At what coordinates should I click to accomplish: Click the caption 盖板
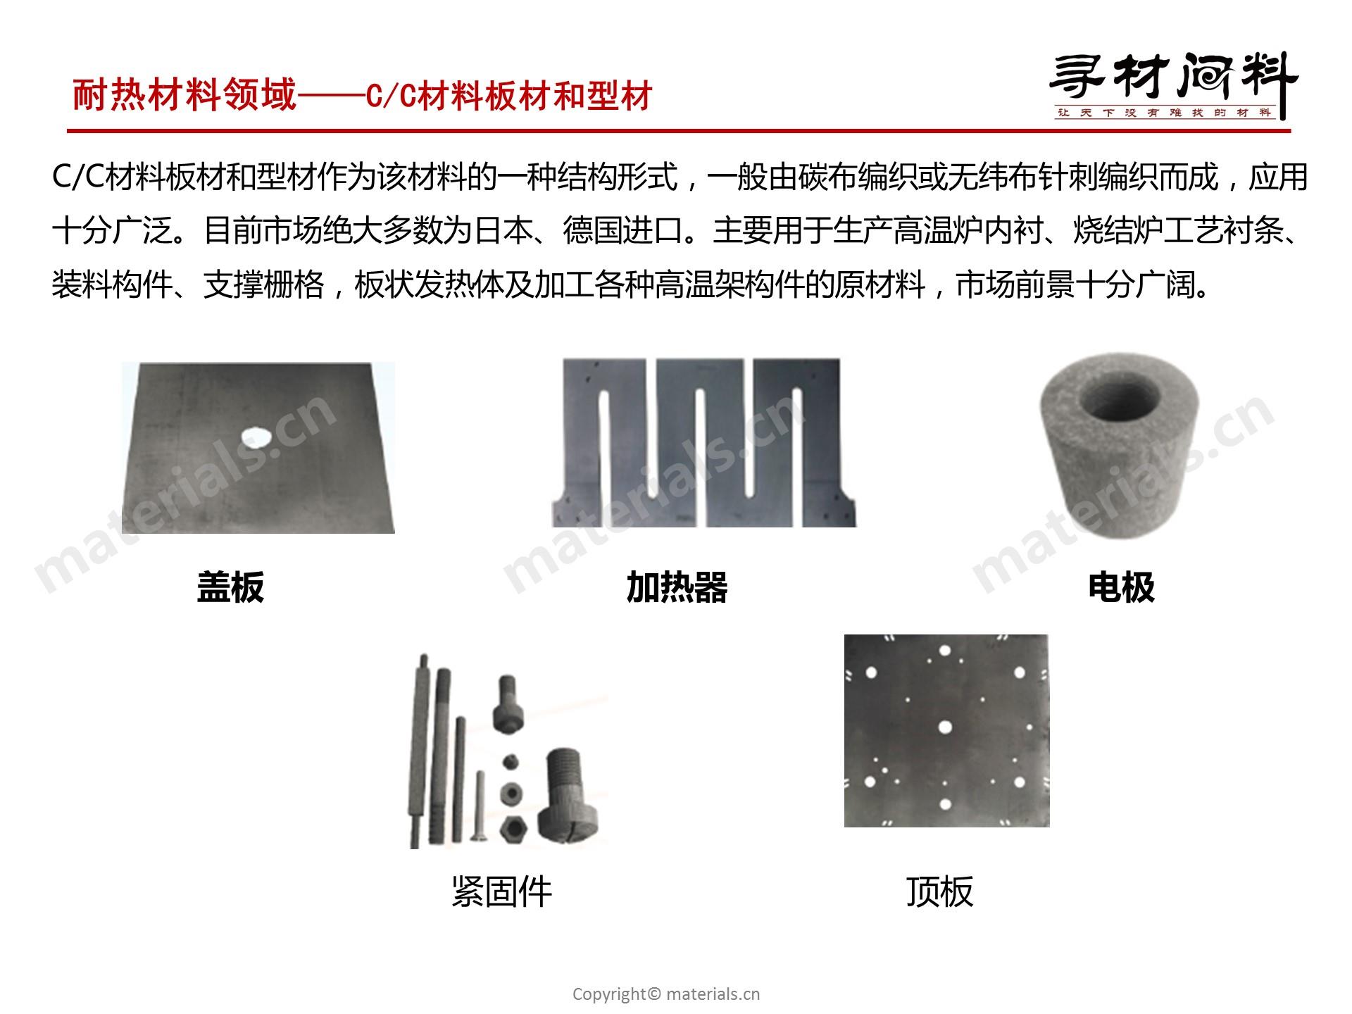(x=230, y=587)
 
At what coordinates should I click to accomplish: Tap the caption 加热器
(x=677, y=587)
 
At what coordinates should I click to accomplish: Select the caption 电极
(x=1122, y=587)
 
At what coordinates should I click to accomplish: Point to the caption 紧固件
(x=501, y=891)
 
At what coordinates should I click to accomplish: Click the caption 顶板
(x=940, y=891)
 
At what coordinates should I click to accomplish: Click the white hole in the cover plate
(x=256, y=437)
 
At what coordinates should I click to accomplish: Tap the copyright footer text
(x=666, y=994)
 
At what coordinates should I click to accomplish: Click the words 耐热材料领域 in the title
(x=185, y=95)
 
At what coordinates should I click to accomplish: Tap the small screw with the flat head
(x=480, y=806)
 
